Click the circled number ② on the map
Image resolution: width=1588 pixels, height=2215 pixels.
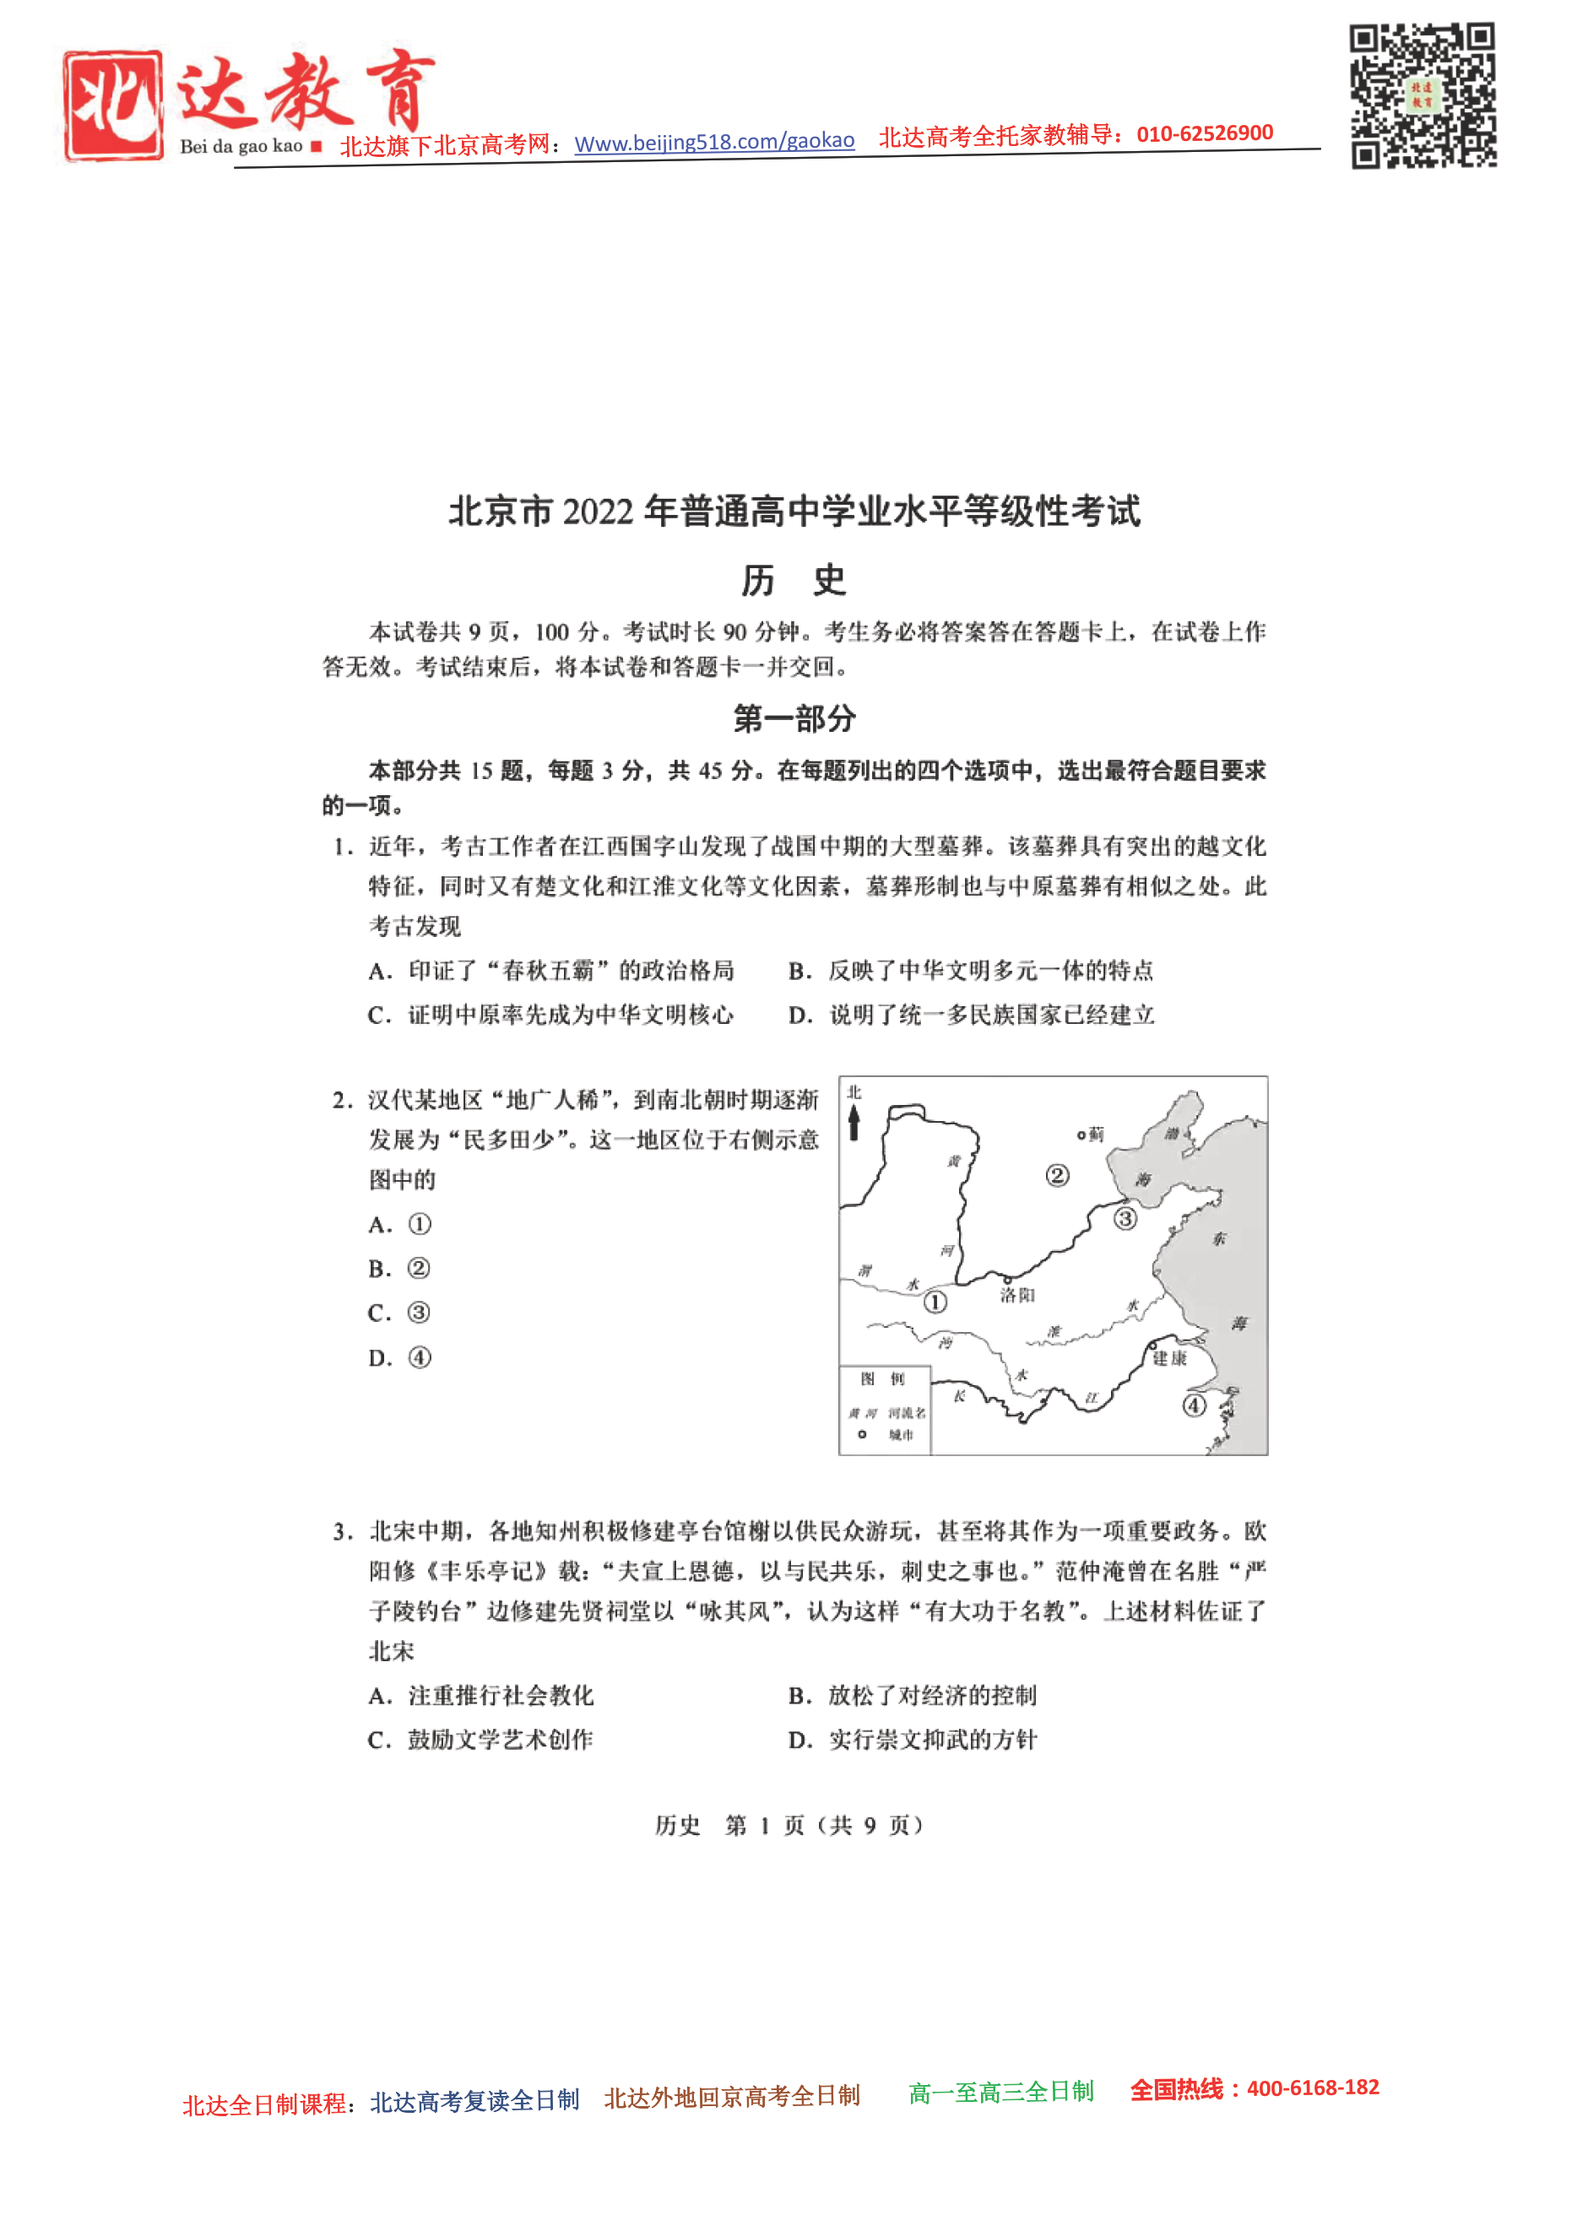click(1057, 1175)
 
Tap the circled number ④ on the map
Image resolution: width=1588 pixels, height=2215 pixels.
click(1194, 1405)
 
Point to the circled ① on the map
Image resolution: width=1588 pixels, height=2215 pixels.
click(935, 1302)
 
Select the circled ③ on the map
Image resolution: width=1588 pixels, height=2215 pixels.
click(1125, 1219)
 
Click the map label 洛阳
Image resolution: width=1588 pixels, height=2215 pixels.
click(1016, 1295)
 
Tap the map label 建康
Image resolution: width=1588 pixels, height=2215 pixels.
click(1169, 1357)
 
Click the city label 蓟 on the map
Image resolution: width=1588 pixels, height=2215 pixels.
click(1096, 1134)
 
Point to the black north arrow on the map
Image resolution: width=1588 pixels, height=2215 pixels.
click(854, 1122)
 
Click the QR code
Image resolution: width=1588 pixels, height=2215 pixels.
click(1422, 95)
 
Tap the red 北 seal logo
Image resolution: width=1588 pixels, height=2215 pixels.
click(112, 106)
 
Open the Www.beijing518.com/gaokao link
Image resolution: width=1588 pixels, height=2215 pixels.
click(714, 142)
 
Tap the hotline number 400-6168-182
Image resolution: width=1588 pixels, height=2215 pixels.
click(1313, 2088)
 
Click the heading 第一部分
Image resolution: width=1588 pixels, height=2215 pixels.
click(794, 719)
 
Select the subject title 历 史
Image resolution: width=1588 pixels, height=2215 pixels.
click(793, 580)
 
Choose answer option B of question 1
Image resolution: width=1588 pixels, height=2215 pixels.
click(971, 970)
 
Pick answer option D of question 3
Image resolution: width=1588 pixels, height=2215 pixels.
click(912, 1740)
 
